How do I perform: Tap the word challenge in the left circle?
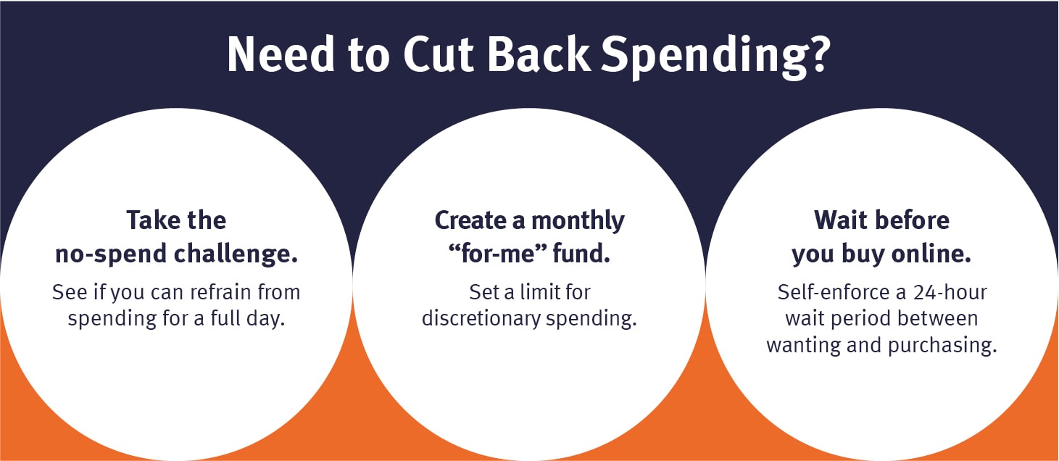tap(237, 254)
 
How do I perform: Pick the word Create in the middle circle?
tap(475, 220)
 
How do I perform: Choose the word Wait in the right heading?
tap(841, 220)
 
